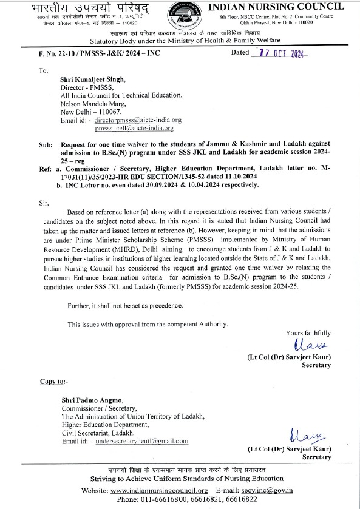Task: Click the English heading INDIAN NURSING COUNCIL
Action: tap(277, 7)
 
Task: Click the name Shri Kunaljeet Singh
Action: tap(92, 79)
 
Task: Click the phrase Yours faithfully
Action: tap(308, 333)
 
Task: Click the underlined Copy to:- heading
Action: tap(54, 382)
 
